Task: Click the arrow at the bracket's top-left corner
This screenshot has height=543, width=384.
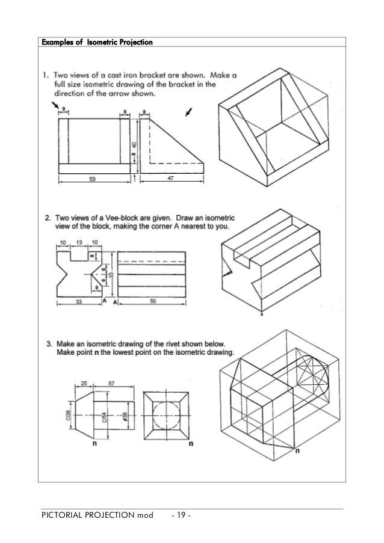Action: point(56,106)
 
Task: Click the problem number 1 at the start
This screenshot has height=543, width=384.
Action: point(45,76)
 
